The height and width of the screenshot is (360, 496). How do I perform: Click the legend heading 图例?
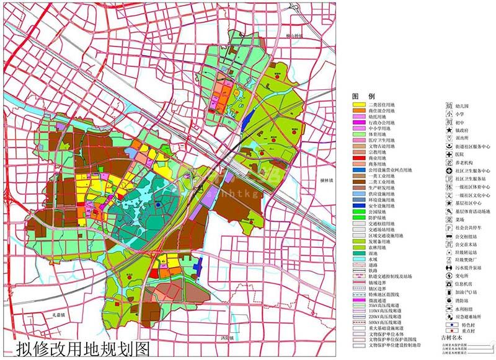[363, 97]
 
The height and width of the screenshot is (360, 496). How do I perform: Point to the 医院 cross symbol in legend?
[449, 154]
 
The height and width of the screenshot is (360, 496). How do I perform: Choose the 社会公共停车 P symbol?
[449, 227]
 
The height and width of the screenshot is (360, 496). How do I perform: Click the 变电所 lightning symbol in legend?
[449, 275]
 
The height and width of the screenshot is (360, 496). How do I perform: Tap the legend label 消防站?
[464, 299]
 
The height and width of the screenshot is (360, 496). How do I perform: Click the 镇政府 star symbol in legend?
[449, 130]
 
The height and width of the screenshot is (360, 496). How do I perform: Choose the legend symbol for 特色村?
[449, 323]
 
